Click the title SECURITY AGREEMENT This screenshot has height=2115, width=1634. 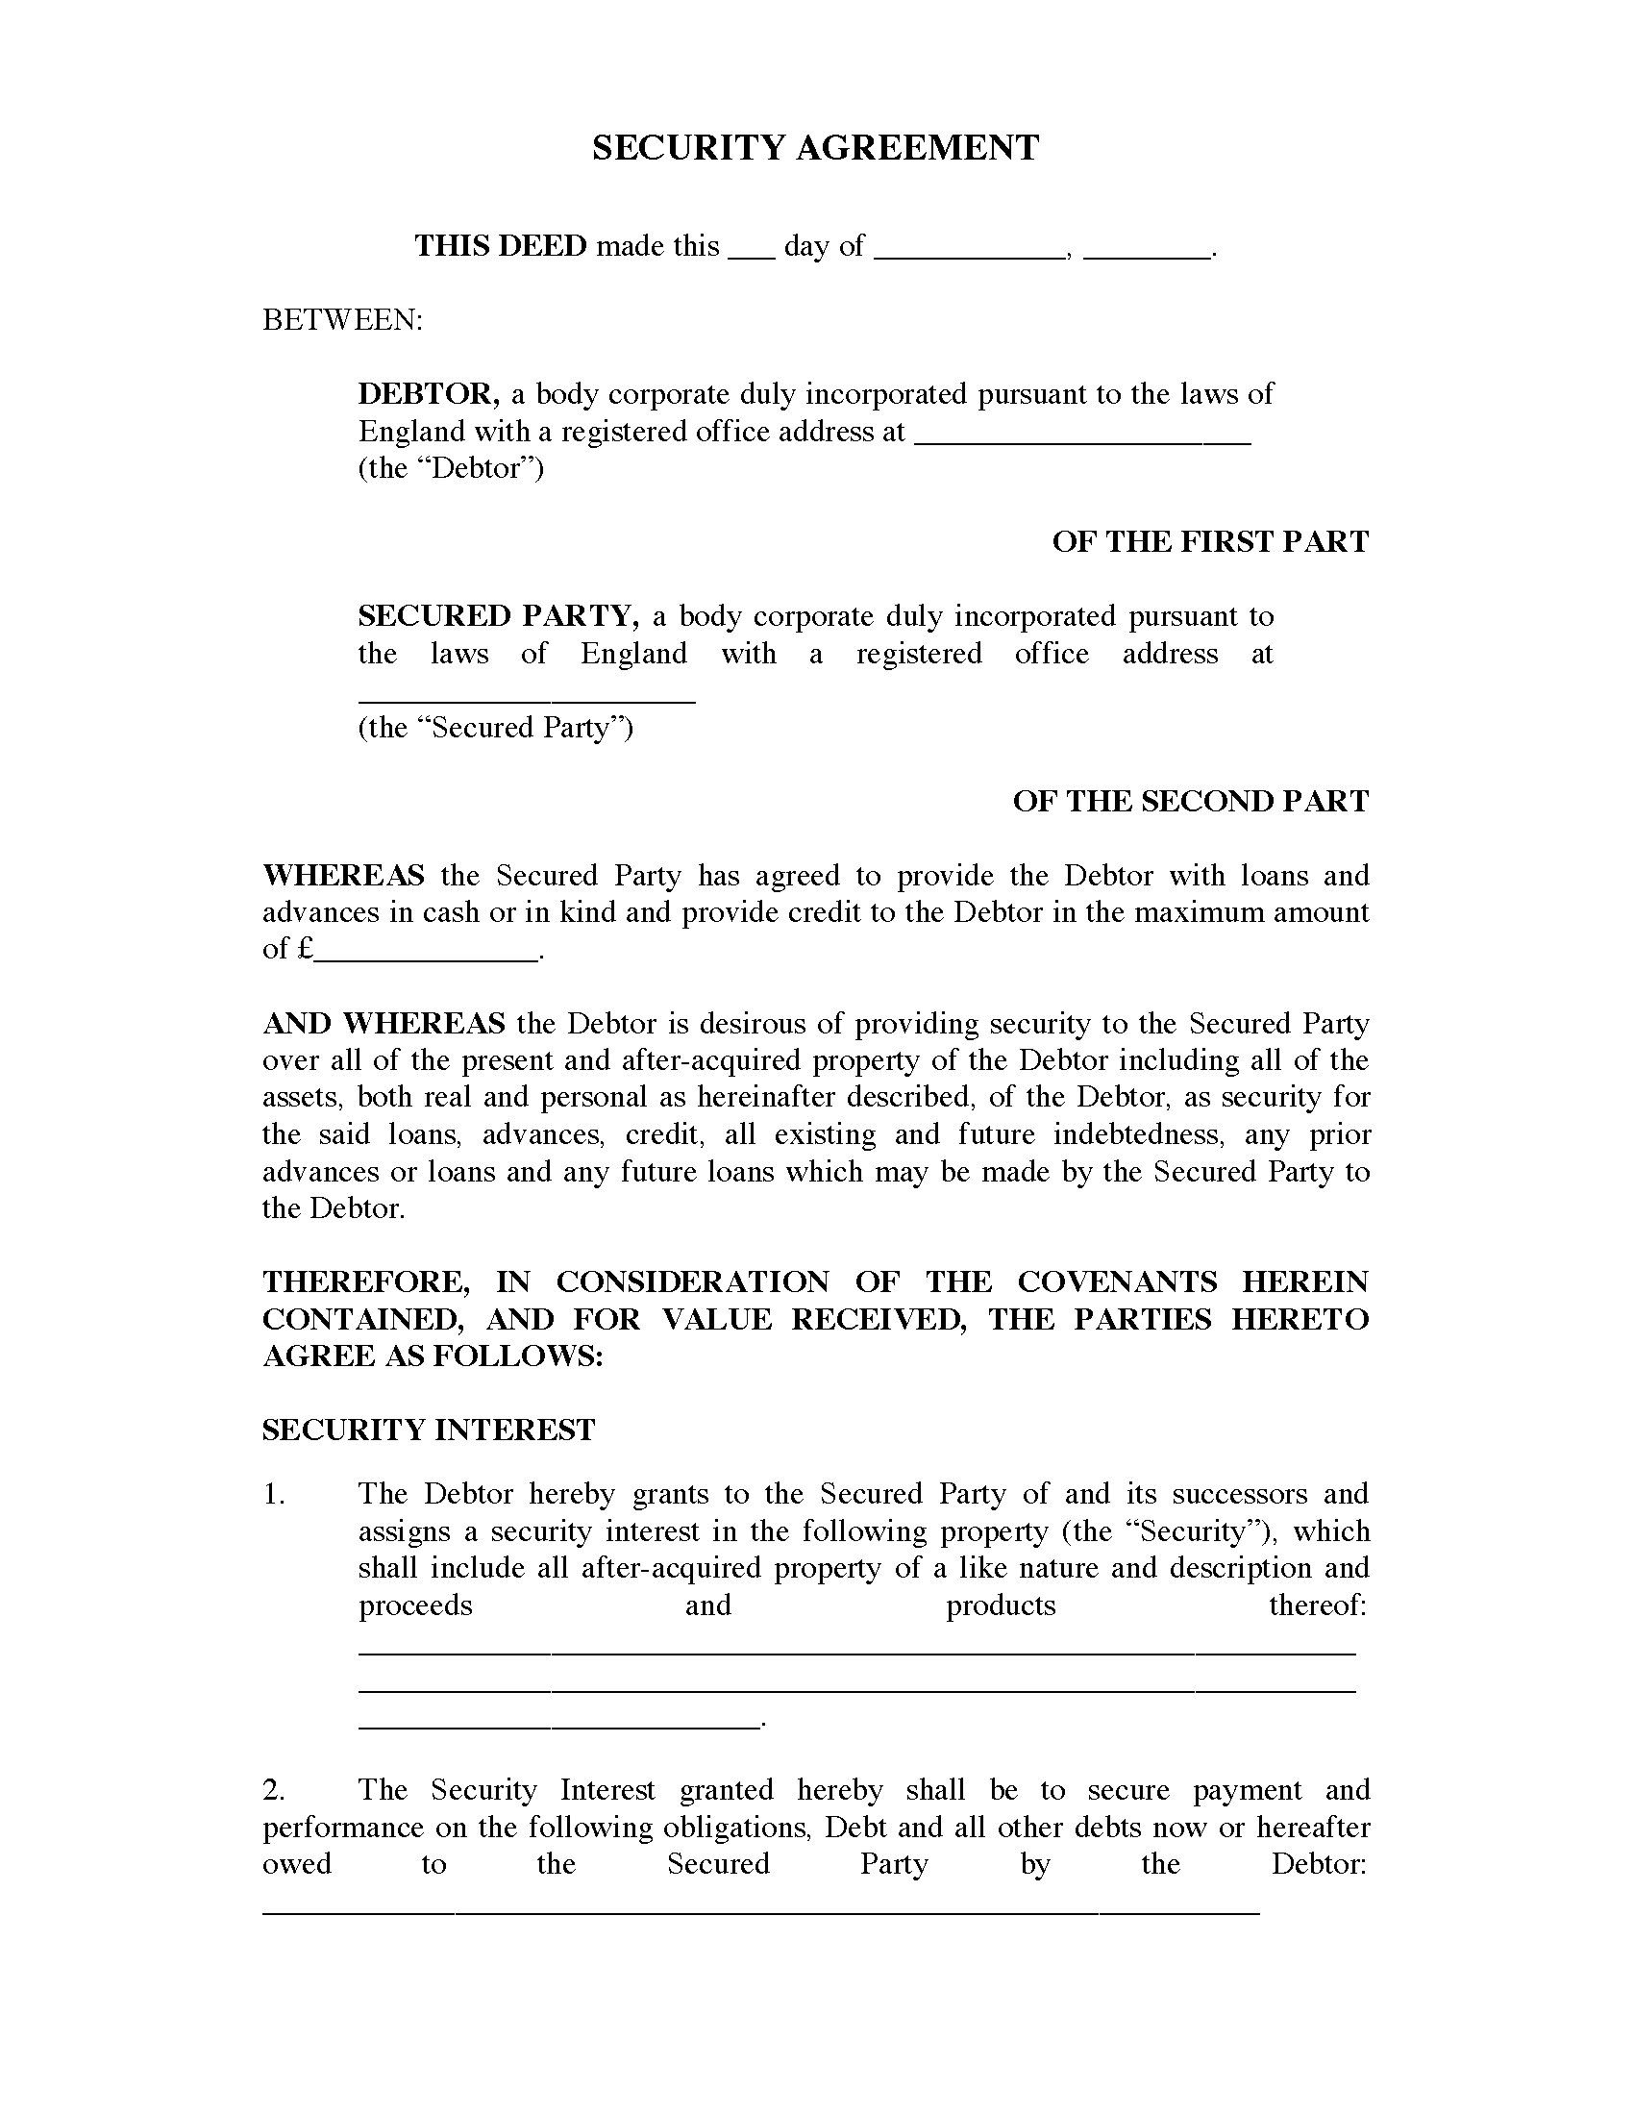pos(815,148)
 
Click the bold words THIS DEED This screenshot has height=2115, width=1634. pos(501,246)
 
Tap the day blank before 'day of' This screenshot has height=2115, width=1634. pos(752,252)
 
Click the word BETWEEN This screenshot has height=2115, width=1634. pos(342,319)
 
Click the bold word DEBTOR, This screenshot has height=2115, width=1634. pos(429,393)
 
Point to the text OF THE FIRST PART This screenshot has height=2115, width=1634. pos(1210,541)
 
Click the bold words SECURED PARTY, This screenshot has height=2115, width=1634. pos(498,616)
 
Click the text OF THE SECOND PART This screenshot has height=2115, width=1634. pos(1191,801)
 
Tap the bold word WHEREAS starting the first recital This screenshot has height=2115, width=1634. pos(343,876)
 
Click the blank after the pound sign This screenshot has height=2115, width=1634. pos(427,954)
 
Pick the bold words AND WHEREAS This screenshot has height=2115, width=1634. pos(384,1024)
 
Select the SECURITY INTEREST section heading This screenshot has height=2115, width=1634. pos(429,1431)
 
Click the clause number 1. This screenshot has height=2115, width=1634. pos(274,1494)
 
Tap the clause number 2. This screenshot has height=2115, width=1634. pos(274,1790)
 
